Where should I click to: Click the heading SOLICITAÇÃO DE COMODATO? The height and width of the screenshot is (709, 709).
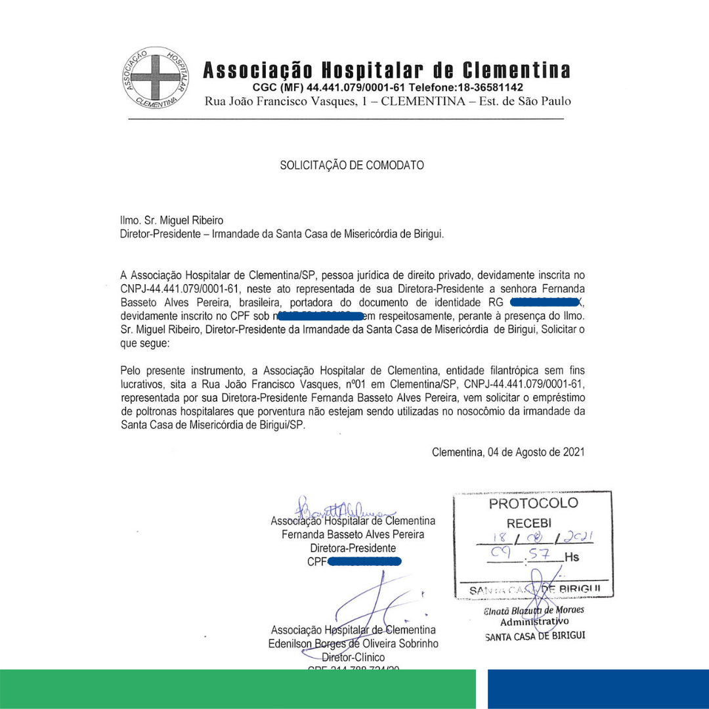tap(352, 165)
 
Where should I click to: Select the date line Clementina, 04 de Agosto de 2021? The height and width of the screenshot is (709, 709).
tap(508, 452)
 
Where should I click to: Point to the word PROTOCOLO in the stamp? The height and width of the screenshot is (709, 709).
tap(533, 504)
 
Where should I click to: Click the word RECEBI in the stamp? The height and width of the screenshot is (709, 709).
tap(529, 523)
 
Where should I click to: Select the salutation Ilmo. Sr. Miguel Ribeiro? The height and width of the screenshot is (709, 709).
tap(172, 221)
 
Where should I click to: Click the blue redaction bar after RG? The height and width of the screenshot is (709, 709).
tap(546, 302)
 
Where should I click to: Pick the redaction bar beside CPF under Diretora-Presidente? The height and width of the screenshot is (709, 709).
tap(364, 561)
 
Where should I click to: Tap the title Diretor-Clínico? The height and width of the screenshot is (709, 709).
tap(353, 657)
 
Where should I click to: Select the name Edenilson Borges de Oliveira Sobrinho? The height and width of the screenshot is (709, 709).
tap(353, 643)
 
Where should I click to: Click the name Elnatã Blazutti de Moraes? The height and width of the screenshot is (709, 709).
tap(534, 610)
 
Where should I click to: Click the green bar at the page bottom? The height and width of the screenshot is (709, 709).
tap(238, 689)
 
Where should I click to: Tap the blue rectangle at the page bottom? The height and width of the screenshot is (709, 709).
tap(598, 689)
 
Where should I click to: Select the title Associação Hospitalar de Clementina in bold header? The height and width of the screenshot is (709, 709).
tap(387, 70)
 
